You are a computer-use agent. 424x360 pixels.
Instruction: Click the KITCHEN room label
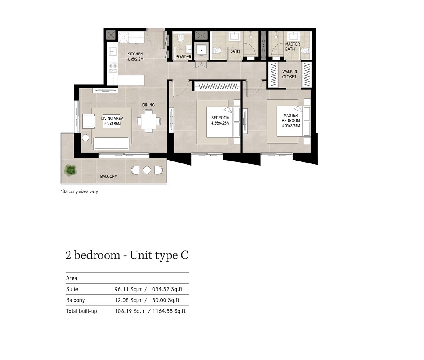point(135,54)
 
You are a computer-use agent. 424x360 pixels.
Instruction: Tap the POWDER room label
point(183,57)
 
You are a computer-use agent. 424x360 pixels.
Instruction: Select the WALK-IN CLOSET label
point(289,74)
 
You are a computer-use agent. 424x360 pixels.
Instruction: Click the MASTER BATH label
point(292,47)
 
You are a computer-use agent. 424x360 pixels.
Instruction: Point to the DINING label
point(148,105)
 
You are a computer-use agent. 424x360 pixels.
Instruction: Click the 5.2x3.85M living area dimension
point(112,124)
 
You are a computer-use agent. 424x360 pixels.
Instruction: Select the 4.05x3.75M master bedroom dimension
point(290,126)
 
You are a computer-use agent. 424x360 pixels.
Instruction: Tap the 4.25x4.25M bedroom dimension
point(220,123)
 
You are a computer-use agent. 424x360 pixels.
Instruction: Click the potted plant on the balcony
point(70,170)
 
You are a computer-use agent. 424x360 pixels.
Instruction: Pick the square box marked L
point(201,50)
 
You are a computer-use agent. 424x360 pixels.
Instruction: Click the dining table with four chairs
point(148,121)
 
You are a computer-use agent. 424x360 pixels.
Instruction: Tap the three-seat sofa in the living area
point(112,143)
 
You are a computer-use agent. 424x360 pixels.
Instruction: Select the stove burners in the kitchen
point(113,66)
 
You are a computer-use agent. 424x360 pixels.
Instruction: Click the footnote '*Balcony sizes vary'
point(79,191)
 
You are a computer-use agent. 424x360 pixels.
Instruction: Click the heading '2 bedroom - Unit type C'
point(127,255)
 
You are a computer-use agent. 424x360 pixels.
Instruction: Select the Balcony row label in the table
point(75,300)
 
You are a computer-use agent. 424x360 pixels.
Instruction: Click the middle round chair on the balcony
point(147,170)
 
